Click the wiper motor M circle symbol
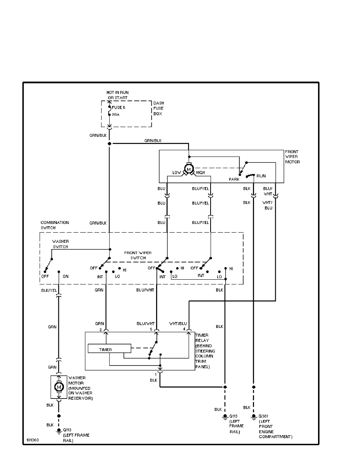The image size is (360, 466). pos(189,169)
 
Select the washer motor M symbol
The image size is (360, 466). pos(59,387)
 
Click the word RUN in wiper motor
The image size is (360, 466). pos(261,176)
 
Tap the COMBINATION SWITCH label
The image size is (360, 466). pos(55,225)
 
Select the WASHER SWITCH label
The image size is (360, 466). pos(60,244)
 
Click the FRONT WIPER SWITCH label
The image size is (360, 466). pos(138,255)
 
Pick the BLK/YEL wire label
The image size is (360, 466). pos(49,291)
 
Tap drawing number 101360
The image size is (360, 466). pos(33,440)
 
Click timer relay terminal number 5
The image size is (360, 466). pos(151,329)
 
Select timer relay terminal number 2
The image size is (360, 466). pos(101,329)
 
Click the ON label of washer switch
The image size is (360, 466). pos(65,276)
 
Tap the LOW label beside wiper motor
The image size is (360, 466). pos(176,173)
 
